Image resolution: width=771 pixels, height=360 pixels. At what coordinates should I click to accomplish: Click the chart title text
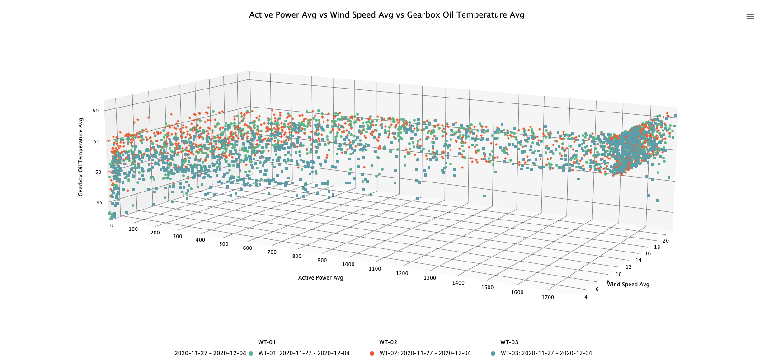coord(386,15)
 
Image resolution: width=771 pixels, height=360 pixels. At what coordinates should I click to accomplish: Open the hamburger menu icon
coord(750,17)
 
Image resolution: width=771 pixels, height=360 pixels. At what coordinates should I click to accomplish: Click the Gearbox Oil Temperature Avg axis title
coord(81,157)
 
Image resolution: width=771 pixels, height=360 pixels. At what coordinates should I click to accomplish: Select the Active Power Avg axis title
coord(320,278)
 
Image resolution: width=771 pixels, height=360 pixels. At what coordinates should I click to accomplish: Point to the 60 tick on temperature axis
coord(95,111)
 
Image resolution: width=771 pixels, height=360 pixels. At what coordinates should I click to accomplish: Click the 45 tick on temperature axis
coord(99,202)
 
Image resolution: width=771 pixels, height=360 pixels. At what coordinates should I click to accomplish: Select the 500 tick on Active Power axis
coord(224,244)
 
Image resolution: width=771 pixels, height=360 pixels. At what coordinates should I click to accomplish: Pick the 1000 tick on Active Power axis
coord(348,264)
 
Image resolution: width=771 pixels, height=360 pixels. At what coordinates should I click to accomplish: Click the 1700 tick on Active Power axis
coord(548,297)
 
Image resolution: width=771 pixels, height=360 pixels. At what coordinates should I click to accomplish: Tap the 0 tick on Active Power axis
coord(112,225)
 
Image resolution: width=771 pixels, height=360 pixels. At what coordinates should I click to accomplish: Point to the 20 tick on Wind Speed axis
coord(666,241)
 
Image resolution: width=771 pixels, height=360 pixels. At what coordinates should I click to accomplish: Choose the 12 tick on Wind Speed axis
coord(629,267)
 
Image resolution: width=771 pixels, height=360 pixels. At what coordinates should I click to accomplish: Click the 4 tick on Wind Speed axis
coord(586,297)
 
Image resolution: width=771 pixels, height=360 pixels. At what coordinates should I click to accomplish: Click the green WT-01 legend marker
coord(251,354)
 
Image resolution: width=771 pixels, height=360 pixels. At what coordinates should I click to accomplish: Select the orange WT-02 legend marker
coord(372,354)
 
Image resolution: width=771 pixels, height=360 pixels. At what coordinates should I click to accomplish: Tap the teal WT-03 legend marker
coord(493,354)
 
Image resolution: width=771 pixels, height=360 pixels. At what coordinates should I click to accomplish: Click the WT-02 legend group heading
coord(388,342)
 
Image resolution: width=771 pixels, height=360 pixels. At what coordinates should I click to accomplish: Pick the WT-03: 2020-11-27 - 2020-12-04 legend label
coord(546,353)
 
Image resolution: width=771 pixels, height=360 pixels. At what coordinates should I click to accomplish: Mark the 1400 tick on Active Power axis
coord(458,283)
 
